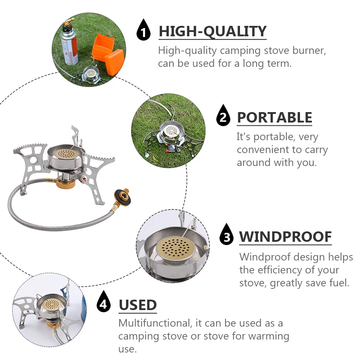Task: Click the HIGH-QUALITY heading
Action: click(212, 32)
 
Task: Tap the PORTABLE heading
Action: click(274, 118)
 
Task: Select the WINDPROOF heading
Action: click(285, 237)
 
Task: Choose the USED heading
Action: click(138, 305)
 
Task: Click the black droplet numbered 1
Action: click(144, 32)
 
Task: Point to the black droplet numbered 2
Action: click(223, 116)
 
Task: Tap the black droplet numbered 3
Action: click(226, 235)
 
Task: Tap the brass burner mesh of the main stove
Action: click(65, 153)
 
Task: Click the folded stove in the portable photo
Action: click(169, 135)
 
